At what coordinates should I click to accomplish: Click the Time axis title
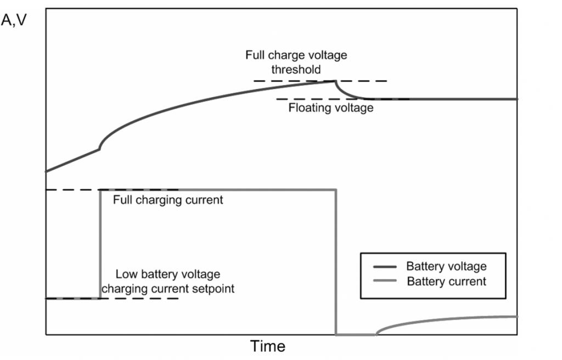268,346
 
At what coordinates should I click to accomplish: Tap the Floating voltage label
331,108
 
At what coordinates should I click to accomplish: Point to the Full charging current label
168,200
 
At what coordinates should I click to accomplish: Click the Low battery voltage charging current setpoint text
175,281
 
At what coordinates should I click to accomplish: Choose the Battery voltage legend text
446,267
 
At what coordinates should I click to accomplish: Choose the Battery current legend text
446,282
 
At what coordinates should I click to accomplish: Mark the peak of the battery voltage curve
335,81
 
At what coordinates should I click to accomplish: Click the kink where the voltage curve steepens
99,149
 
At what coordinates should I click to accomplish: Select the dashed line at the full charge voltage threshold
274,81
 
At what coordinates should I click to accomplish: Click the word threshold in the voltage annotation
296,70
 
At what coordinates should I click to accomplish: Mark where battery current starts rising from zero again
376,334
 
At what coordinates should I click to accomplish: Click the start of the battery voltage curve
46,171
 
